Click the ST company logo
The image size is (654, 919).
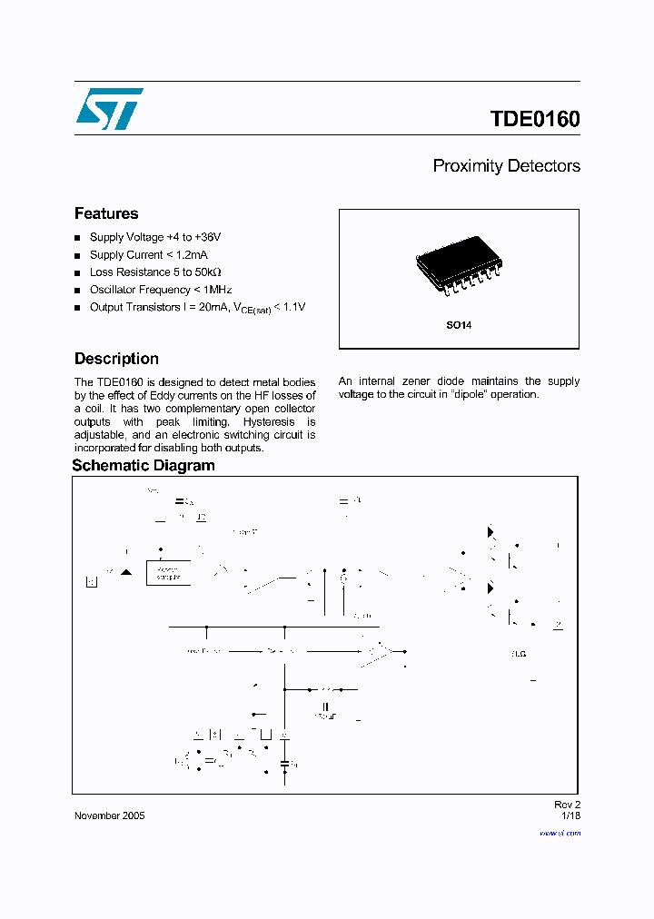(x=109, y=109)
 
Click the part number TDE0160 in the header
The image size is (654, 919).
(x=534, y=119)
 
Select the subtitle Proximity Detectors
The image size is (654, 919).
(x=506, y=166)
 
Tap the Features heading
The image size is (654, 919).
(x=106, y=213)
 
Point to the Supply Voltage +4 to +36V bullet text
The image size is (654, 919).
(x=154, y=237)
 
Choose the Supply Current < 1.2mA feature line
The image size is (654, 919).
(x=149, y=255)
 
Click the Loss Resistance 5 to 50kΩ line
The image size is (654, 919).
(x=154, y=272)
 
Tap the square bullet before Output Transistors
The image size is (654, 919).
(x=78, y=308)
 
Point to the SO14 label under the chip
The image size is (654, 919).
(x=458, y=324)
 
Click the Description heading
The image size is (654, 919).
(x=116, y=359)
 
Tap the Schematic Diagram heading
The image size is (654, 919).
(x=144, y=466)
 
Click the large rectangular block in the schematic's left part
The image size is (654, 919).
(x=168, y=573)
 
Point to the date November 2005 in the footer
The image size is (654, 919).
(x=109, y=815)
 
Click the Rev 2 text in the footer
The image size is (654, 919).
(x=567, y=805)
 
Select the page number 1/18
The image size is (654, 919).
(x=570, y=815)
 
